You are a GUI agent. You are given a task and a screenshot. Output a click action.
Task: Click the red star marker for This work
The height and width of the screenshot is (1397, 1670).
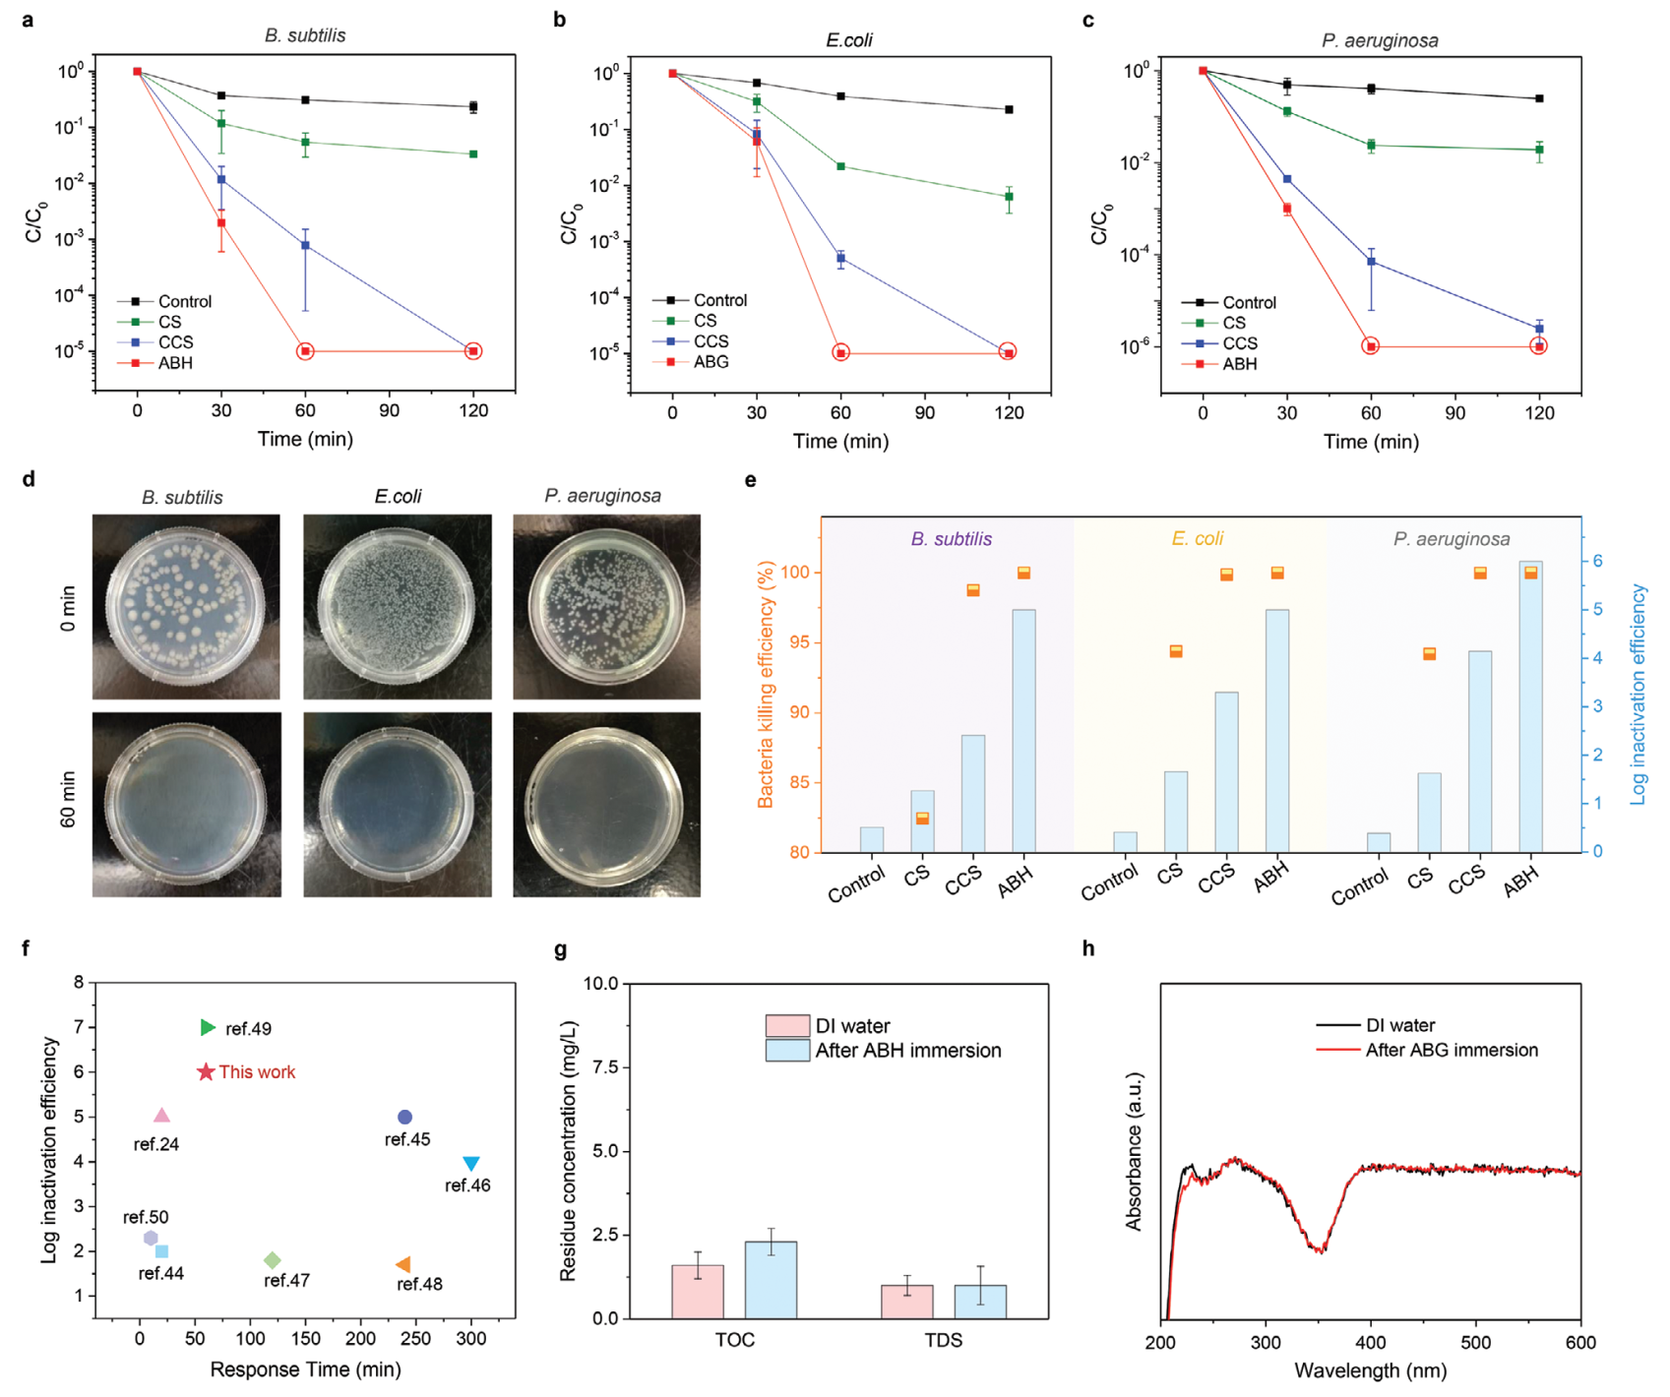pos(206,1071)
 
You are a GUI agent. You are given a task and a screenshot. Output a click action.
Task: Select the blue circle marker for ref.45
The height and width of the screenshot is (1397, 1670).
pos(404,1117)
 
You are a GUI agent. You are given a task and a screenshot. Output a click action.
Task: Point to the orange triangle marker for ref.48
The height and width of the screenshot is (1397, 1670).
pos(402,1264)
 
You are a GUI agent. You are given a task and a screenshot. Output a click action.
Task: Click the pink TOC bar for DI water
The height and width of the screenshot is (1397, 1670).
pos(698,1291)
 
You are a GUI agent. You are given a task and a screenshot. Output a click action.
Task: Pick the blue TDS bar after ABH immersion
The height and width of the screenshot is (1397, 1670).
pos(980,1301)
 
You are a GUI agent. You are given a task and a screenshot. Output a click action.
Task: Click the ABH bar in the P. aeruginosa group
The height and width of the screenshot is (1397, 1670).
pos(1530,706)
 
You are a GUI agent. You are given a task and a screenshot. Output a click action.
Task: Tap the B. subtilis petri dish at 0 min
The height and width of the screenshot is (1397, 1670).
pos(186,607)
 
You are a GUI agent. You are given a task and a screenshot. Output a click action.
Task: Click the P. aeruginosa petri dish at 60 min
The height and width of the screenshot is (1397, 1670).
pos(606,805)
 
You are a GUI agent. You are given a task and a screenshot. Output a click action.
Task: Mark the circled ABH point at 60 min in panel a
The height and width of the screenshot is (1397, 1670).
pos(305,351)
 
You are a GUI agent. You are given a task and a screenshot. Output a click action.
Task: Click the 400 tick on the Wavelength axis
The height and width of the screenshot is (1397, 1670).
pos(1371,1342)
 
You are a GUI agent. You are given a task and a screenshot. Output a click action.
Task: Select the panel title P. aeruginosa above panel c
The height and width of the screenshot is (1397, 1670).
pos(1380,40)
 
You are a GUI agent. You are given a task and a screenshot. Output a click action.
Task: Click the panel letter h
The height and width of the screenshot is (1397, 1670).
pos(1087,948)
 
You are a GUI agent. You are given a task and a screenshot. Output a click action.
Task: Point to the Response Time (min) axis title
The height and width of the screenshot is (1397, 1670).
pos(305,1369)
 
